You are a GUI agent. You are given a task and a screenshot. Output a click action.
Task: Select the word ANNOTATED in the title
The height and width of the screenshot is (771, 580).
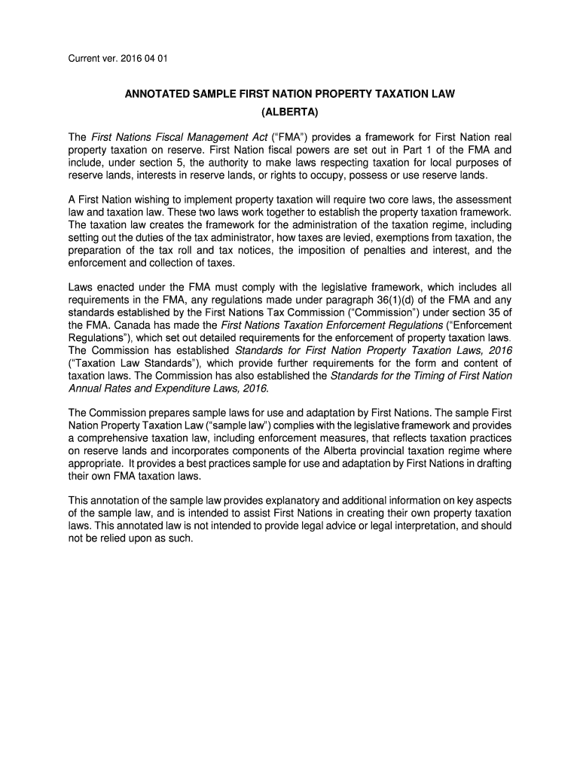[x=160, y=96]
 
